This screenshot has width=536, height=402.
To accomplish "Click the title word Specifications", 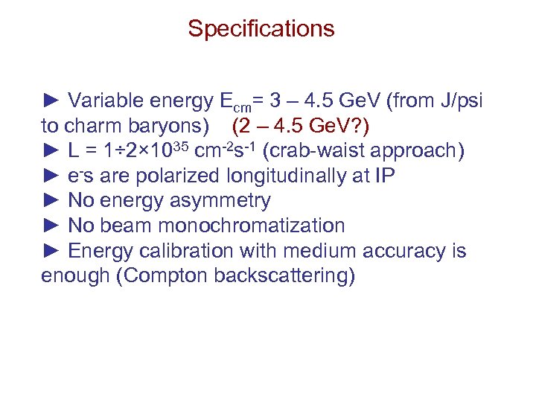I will pos(261,29).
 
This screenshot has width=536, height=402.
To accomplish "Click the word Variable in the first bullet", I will pos(103,100).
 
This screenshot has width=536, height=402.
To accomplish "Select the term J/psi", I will pos(463,100).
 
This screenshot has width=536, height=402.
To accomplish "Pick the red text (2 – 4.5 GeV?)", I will pos(299,126).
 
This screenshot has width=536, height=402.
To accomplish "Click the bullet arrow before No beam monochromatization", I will pos(51,226).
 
